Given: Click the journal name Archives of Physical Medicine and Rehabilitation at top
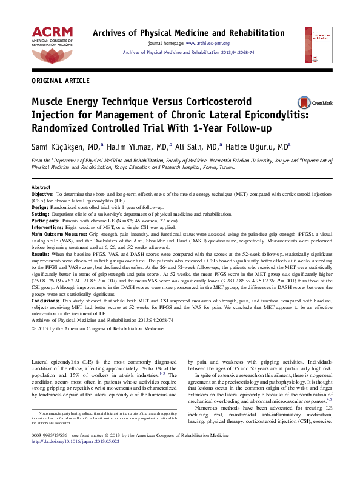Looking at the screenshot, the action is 196,33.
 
